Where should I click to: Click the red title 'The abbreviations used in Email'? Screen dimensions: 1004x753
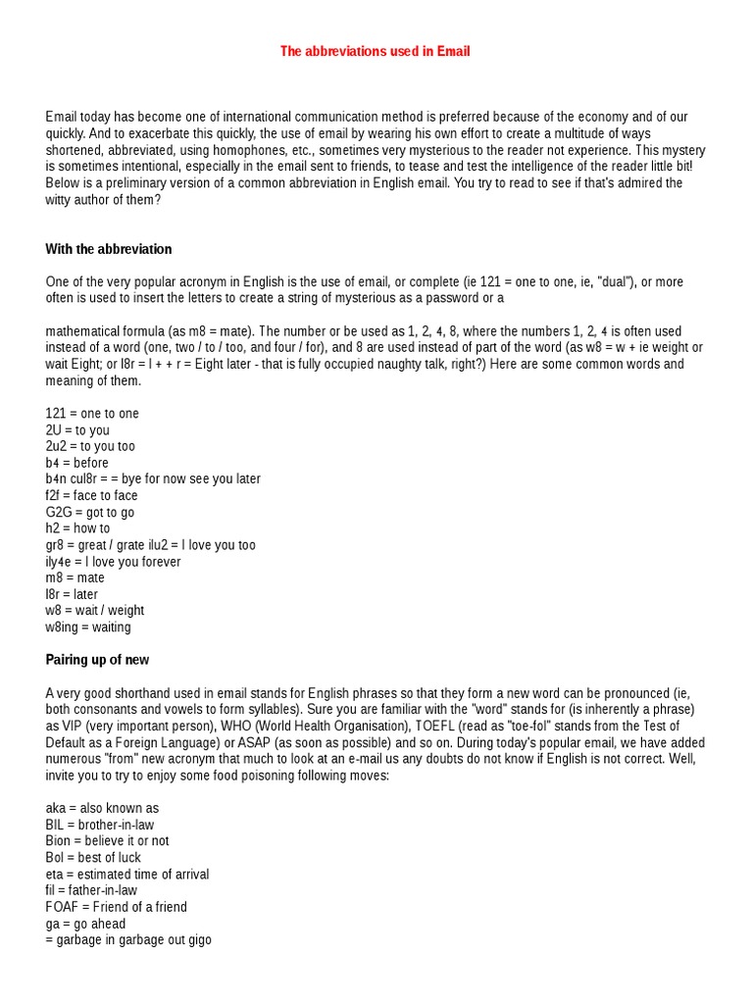[x=376, y=51]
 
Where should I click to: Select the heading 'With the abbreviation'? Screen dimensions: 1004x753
[x=109, y=249]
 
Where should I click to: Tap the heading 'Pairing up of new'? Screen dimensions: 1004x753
[x=97, y=660]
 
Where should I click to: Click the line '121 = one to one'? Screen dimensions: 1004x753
[x=92, y=414]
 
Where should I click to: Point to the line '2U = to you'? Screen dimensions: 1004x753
[x=77, y=430]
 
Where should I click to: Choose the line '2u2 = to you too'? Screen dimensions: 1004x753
[x=90, y=446]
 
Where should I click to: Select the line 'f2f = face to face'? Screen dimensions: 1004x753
[x=92, y=496]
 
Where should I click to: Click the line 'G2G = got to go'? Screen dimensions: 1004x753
[x=90, y=513]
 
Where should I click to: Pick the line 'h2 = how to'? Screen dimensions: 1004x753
[x=77, y=528]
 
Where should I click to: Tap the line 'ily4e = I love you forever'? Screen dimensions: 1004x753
[x=113, y=562]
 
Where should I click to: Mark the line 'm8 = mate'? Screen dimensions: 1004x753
[x=75, y=578]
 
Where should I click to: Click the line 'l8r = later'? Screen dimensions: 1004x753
[x=72, y=594]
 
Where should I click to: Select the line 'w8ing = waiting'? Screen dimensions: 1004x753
[x=88, y=627]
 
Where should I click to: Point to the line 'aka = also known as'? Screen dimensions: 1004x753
[x=102, y=809]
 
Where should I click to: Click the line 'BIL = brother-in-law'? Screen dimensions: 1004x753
[x=99, y=825]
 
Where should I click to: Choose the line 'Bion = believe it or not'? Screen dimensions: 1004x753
[x=107, y=841]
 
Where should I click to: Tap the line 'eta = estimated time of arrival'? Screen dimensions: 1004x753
[x=127, y=875]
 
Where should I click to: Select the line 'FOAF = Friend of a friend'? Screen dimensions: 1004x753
[x=116, y=907]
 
